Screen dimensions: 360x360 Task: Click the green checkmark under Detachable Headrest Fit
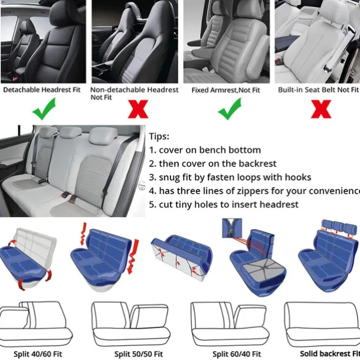click(x=44, y=109)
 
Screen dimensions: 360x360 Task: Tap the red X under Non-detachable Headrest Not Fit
click(x=138, y=109)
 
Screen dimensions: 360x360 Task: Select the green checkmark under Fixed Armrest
click(x=230, y=109)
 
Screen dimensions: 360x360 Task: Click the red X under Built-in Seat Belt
click(x=321, y=109)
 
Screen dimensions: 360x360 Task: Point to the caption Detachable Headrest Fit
click(x=42, y=90)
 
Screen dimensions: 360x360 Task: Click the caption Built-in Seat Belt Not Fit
click(x=318, y=90)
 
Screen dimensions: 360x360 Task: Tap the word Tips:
click(x=159, y=136)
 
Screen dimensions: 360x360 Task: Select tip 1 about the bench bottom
click(x=205, y=150)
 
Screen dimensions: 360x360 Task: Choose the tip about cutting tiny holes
click(x=224, y=205)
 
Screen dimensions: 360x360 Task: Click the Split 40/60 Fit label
click(x=38, y=354)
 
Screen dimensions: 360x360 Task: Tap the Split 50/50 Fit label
click(x=139, y=354)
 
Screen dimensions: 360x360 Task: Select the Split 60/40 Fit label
click(x=237, y=354)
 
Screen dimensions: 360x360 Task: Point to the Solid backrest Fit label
click(x=330, y=354)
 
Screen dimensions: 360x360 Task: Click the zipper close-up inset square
click(x=232, y=228)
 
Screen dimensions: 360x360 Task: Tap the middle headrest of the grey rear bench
click(x=70, y=132)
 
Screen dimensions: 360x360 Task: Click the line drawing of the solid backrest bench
click(x=322, y=325)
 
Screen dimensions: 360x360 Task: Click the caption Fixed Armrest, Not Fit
click(x=226, y=90)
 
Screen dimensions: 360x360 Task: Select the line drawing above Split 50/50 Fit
click(x=131, y=324)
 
